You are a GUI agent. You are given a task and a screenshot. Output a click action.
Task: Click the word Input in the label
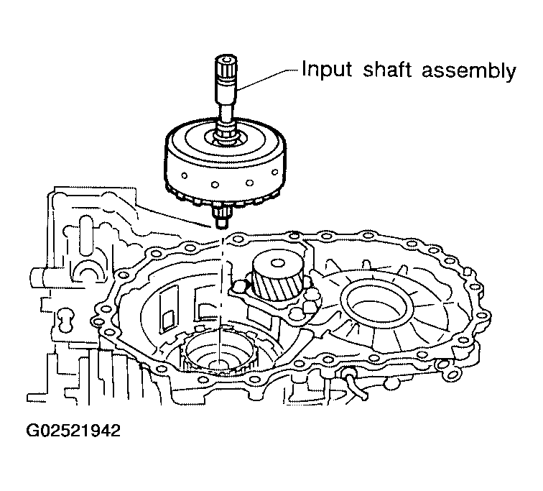pos(327,69)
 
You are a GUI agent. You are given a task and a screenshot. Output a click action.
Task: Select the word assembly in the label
pos(469,70)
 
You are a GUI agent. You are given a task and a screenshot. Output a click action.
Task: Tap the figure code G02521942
pos(73,431)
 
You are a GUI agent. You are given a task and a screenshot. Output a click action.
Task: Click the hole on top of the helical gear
pos(277,263)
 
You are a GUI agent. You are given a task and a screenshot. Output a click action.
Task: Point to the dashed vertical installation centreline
pos(221,298)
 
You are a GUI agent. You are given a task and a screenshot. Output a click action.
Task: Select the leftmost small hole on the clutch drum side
pos(184,175)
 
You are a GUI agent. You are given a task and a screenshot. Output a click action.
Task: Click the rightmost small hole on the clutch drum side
pos(275,172)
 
